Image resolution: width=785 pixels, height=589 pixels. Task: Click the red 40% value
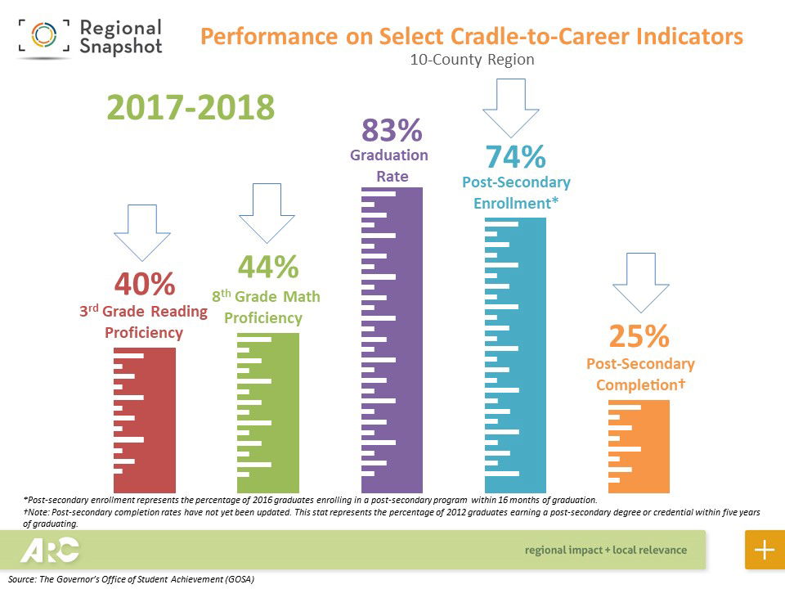pyautogui.click(x=145, y=284)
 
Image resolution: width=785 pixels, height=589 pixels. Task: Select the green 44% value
pyautogui.click(x=267, y=267)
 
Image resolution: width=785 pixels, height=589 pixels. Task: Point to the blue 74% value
pyautogui.click(x=515, y=156)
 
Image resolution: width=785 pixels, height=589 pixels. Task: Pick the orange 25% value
pyautogui.click(x=639, y=335)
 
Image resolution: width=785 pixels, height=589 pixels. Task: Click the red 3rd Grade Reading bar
pyautogui.click(x=145, y=420)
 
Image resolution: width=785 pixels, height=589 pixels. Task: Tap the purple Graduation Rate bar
pyautogui.click(x=392, y=339)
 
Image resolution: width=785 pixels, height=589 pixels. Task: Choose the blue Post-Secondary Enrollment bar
pyautogui.click(x=515, y=355)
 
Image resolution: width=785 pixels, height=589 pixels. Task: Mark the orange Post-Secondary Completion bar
pyautogui.click(x=639, y=446)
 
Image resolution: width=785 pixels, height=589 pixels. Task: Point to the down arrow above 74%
pyautogui.click(x=511, y=107)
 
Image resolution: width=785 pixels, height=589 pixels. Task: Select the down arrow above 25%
pyautogui.click(x=641, y=282)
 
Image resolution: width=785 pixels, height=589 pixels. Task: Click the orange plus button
pyautogui.click(x=765, y=550)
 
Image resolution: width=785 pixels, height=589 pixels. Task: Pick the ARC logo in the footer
pyautogui.click(x=50, y=550)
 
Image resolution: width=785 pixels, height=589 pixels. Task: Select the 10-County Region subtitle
pyautogui.click(x=473, y=60)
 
